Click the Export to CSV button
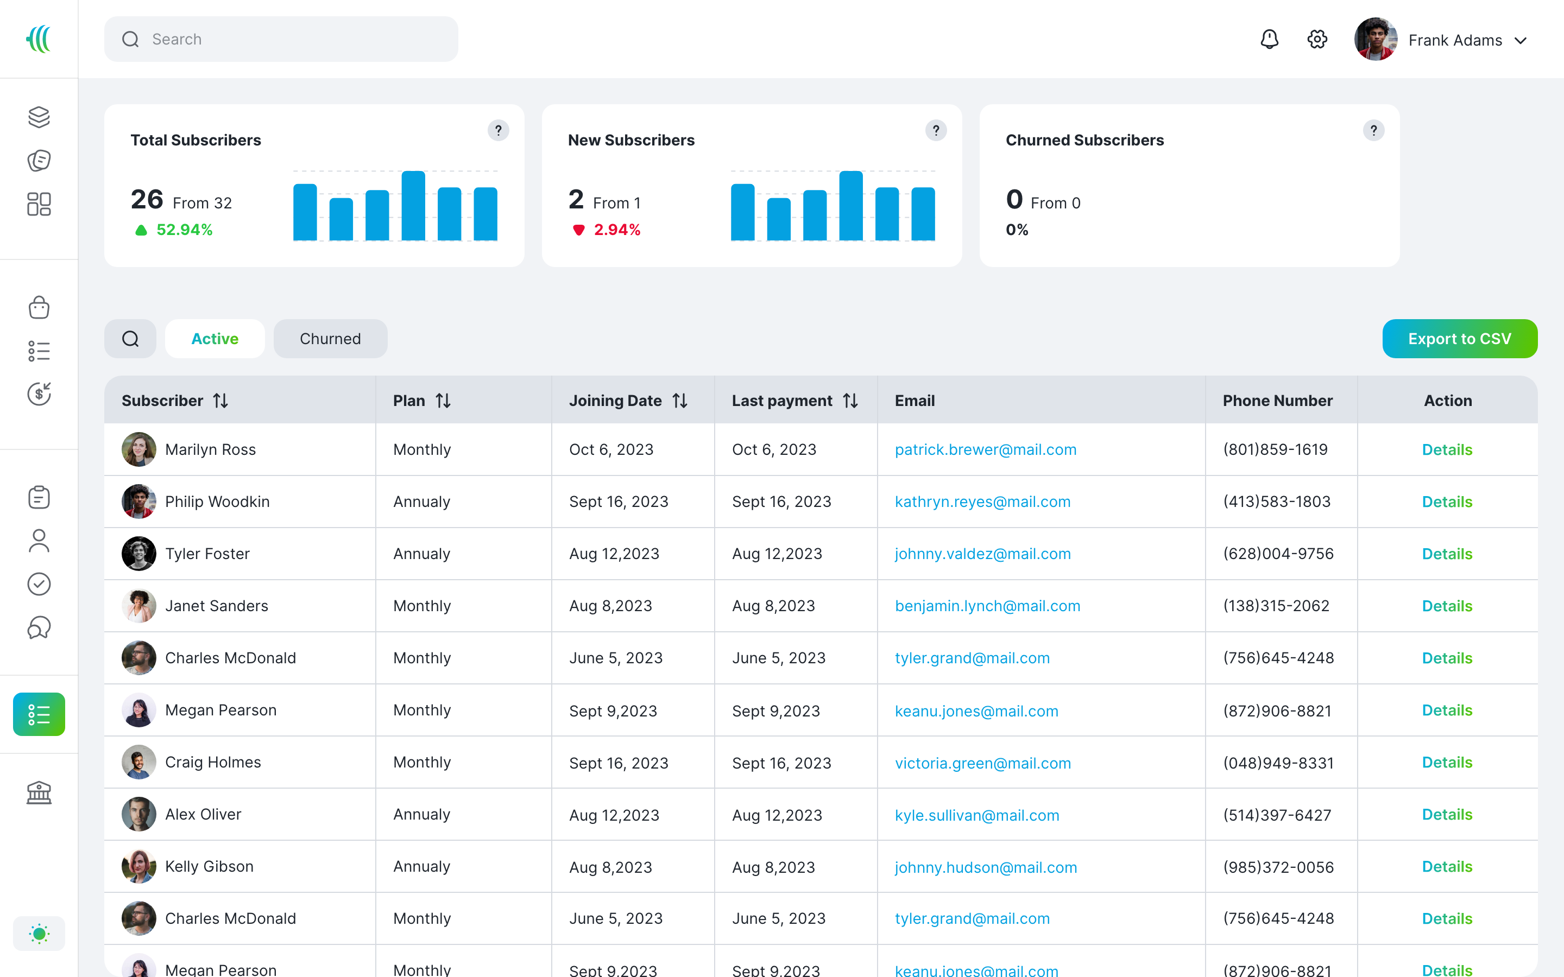click(x=1459, y=339)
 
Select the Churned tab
click(x=330, y=339)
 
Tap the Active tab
click(x=215, y=339)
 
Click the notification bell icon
click(x=1269, y=40)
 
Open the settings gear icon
click(x=1317, y=40)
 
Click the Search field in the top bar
click(x=281, y=40)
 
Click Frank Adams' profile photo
click(x=1375, y=40)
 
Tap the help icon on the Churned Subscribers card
click(x=1373, y=130)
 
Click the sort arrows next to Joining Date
click(x=680, y=401)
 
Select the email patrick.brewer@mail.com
click(x=985, y=450)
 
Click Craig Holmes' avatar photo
click(x=139, y=763)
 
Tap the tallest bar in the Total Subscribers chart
click(x=413, y=206)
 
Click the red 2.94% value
click(x=616, y=230)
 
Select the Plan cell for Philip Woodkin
click(x=421, y=502)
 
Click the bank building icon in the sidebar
click(x=39, y=792)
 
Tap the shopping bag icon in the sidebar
click(x=39, y=308)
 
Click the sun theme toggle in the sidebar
click(x=39, y=933)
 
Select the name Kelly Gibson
click(x=209, y=866)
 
